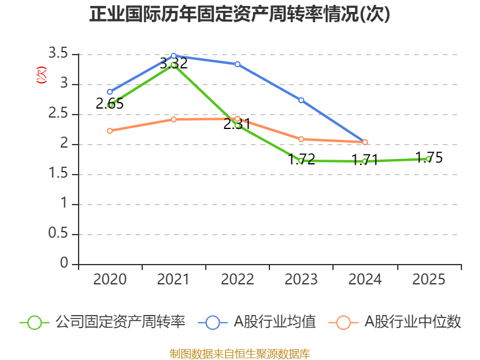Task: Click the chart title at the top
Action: pyautogui.click(x=239, y=14)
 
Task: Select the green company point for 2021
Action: pyautogui.click(x=173, y=64)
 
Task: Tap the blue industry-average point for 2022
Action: pyautogui.click(x=238, y=64)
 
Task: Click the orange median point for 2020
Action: pyautogui.click(x=110, y=130)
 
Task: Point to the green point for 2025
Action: pyautogui.click(x=429, y=159)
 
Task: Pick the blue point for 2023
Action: pyautogui.click(x=301, y=100)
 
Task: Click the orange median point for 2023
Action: pyautogui.click(x=301, y=139)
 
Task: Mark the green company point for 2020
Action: pyautogui.click(x=110, y=105)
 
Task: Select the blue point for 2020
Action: pyautogui.click(x=110, y=92)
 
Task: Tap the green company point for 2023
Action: pyautogui.click(x=301, y=161)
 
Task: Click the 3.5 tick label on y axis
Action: pyautogui.click(x=61, y=54)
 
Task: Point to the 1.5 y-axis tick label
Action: pyautogui.click(x=61, y=174)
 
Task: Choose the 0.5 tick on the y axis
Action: pyautogui.click(x=61, y=234)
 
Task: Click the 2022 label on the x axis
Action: pyautogui.click(x=238, y=280)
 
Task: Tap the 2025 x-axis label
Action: pyautogui.click(x=429, y=280)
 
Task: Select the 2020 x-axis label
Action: pyautogui.click(x=110, y=280)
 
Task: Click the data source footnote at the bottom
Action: pyautogui.click(x=239, y=353)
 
